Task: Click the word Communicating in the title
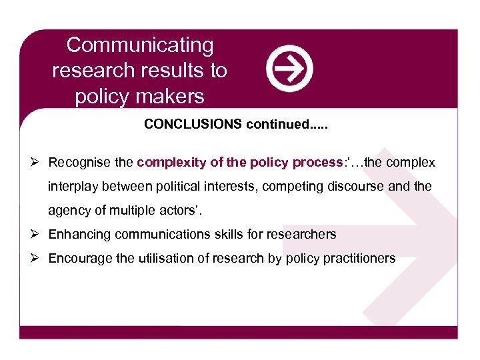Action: [x=140, y=45]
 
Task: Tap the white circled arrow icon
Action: [x=289, y=68]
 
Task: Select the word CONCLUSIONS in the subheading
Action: [x=193, y=125]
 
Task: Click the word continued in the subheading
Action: [x=273, y=125]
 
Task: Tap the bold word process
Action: [x=318, y=162]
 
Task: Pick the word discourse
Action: [x=353, y=187]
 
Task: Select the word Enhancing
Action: [x=79, y=234]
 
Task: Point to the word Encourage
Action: [x=81, y=258]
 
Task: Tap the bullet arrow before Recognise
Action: [x=37, y=162]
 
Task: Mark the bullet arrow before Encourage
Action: [x=37, y=258]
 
